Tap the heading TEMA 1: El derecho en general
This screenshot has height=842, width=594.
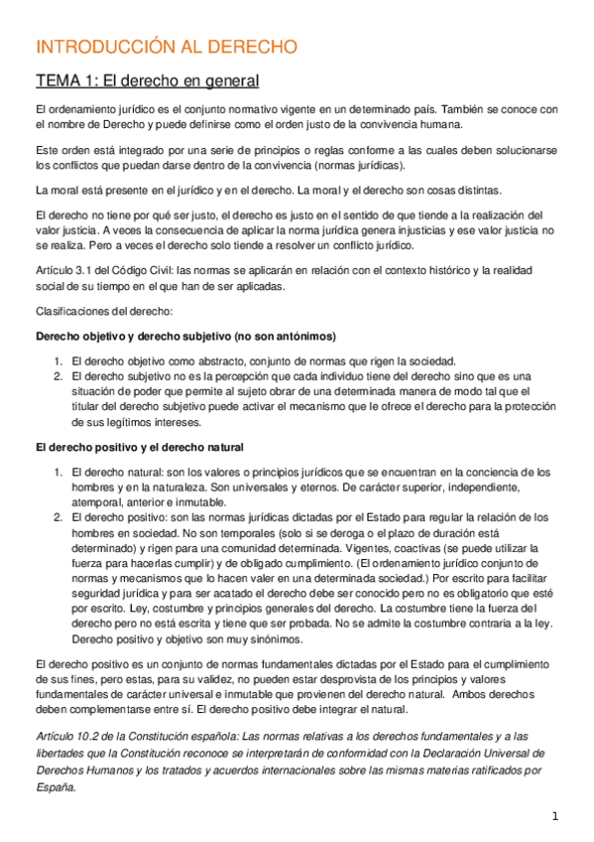click(147, 80)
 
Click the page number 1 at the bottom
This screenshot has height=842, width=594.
click(556, 816)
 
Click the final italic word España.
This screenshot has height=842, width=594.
click(55, 786)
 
